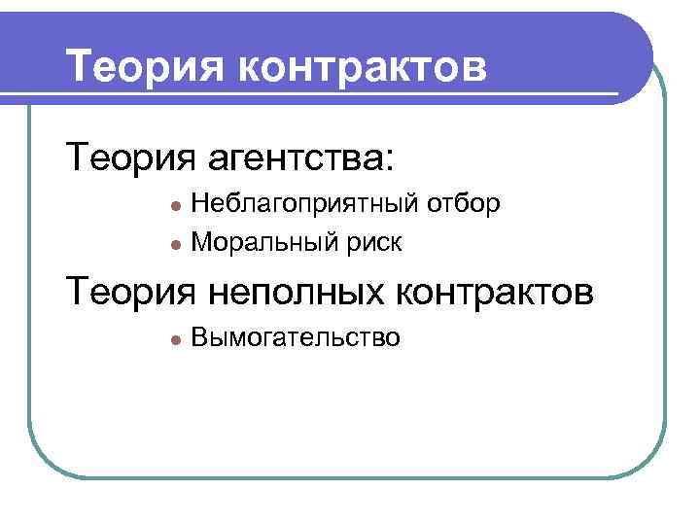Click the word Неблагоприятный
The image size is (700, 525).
(304, 203)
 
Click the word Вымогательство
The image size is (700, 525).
(296, 338)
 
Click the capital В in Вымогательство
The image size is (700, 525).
(199, 338)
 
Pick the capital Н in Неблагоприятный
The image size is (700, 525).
(199, 203)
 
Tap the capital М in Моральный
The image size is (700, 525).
(201, 241)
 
